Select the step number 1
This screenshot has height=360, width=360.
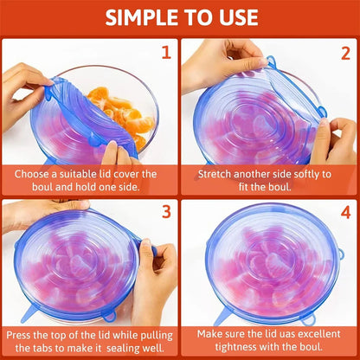(165, 52)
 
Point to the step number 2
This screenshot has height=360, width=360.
(344, 52)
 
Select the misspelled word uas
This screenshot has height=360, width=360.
(280, 333)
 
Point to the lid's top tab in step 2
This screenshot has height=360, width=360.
(271, 62)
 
